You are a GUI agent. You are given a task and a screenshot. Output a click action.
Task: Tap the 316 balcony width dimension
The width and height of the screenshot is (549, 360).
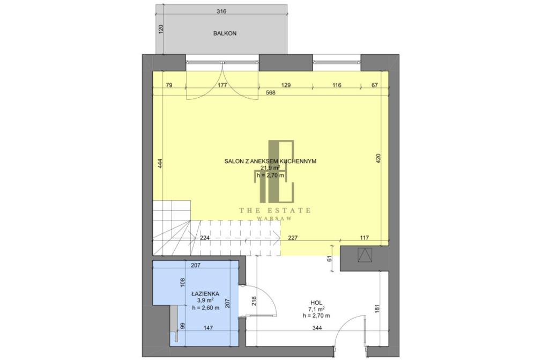pos(221,11)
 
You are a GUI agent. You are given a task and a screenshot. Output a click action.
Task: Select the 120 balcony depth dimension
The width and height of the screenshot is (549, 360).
pos(161,29)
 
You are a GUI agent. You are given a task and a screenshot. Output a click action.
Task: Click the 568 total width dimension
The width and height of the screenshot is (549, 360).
pos(271,93)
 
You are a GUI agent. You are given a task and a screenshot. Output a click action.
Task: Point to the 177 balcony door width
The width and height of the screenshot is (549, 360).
pos(222,85)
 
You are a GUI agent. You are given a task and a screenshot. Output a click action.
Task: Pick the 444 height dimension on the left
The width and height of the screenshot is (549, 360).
pos(160,164)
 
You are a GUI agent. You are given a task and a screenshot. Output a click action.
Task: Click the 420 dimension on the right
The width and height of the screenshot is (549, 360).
pos(378,159)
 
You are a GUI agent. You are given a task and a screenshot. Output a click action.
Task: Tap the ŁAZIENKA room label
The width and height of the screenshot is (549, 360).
pos(205,294)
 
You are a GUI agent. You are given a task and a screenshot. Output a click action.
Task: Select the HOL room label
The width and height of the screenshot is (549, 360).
pos(316,303)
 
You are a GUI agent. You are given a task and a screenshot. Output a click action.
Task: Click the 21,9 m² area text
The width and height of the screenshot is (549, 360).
pos(270,168)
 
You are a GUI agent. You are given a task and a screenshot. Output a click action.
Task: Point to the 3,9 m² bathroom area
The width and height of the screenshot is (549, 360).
pos(205,301)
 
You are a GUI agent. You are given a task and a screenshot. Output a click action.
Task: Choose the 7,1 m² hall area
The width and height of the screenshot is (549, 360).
pos(316,309)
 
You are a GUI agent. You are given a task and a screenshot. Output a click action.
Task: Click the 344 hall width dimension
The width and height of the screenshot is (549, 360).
pos(317,328)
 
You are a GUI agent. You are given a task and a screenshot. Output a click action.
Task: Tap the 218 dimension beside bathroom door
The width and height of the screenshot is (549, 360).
pos(255,301)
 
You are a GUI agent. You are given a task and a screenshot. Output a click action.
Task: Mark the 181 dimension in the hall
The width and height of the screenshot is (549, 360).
pos(377,309)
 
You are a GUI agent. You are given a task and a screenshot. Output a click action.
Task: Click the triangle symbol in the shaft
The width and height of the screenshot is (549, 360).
pos(365,255)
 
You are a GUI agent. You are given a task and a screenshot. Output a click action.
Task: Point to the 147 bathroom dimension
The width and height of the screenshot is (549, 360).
pos(208,328)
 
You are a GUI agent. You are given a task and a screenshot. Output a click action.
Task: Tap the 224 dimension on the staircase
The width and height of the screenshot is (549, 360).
pos(204,238)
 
